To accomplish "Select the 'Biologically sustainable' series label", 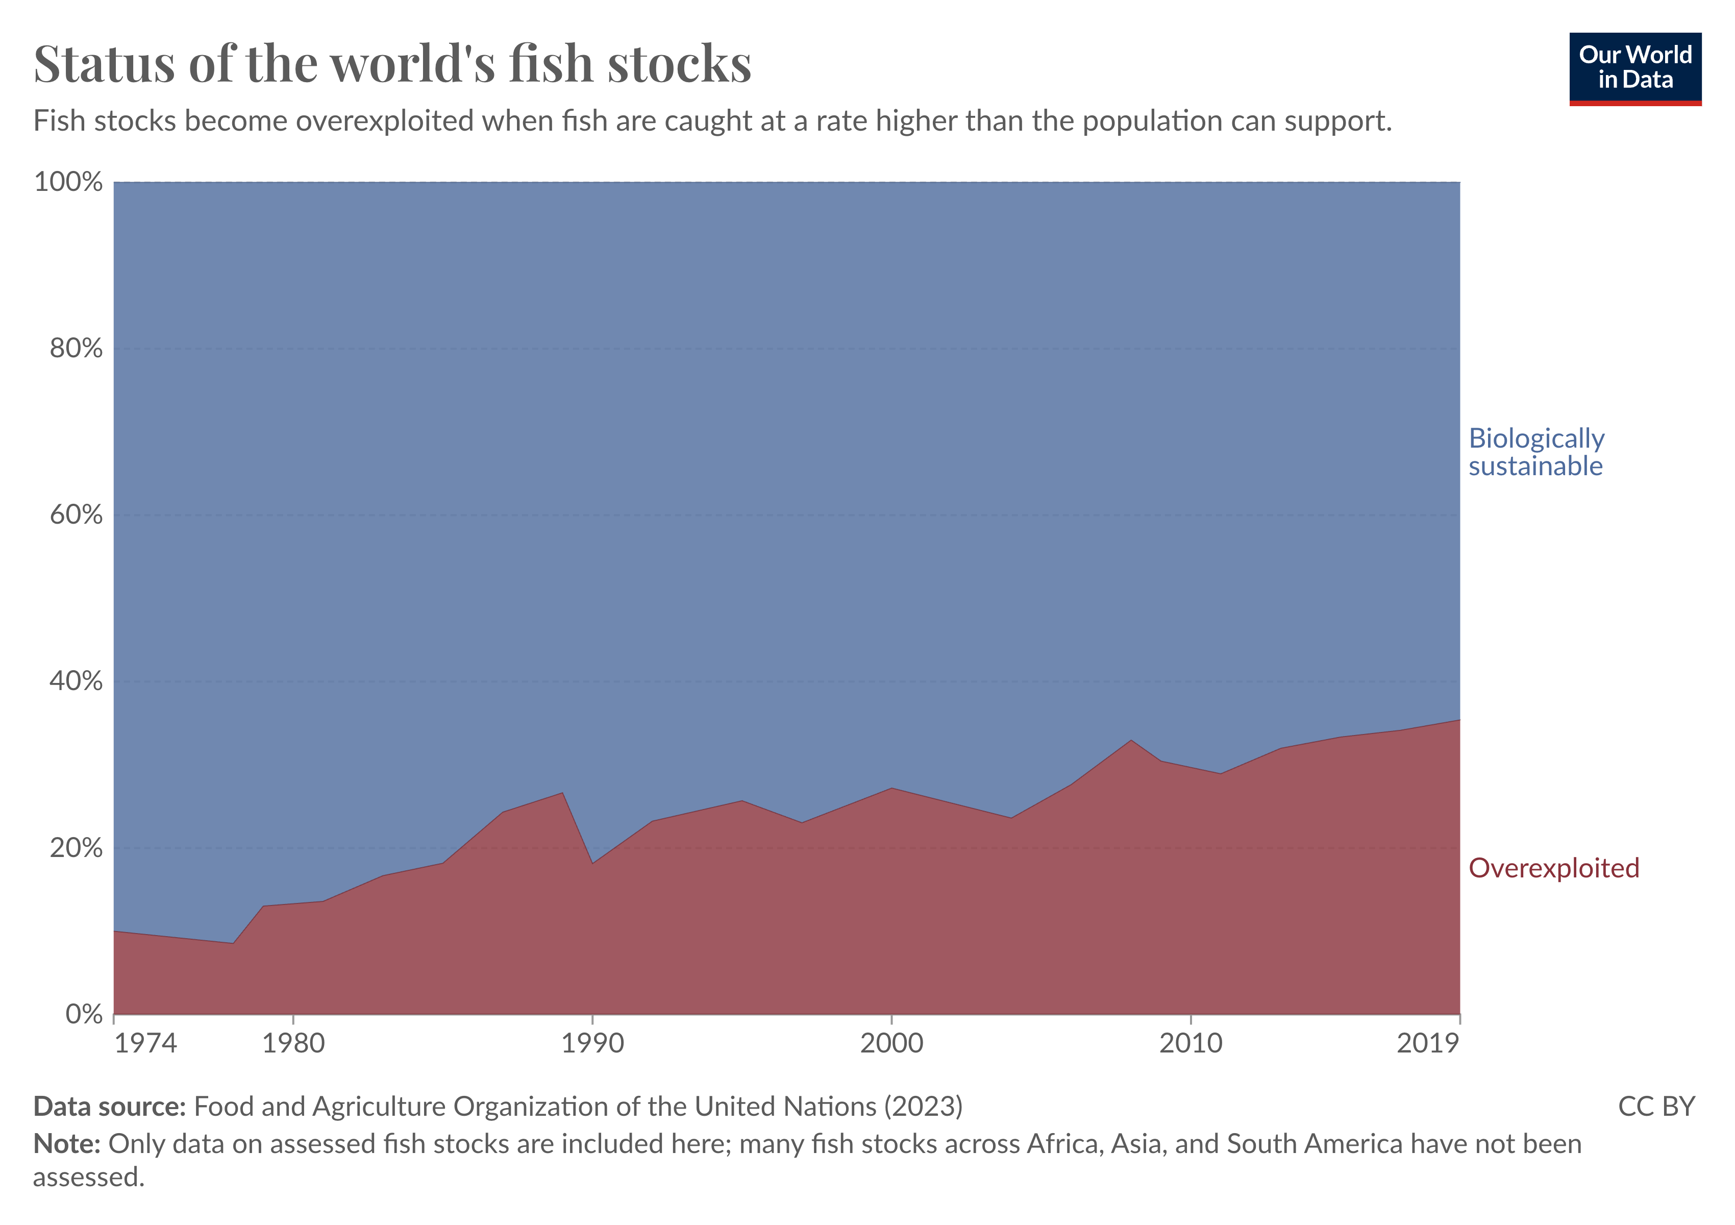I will [1535, 452].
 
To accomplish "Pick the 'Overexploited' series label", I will [1553, 868].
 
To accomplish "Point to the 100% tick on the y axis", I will [68, 182].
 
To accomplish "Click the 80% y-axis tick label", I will [76, 349].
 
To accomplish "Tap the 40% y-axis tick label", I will [76, 681].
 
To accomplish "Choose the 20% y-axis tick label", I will [76, 848].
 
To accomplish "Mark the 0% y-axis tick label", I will [83, 1014].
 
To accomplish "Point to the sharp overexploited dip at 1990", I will [592, 863].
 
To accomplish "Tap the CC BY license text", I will [1656, 1107].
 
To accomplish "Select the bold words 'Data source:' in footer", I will [110, 1107].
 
